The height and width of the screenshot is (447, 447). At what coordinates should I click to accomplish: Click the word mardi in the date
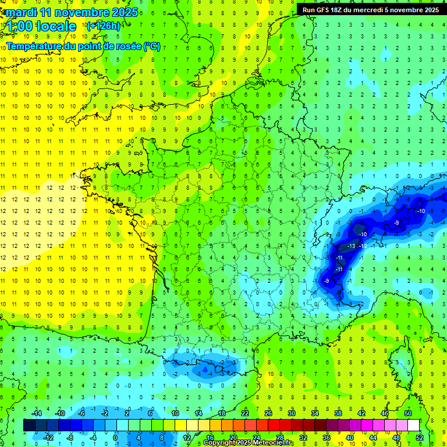click(x=19, y=12)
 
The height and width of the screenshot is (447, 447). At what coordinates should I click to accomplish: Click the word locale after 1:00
click(x=56, y=26)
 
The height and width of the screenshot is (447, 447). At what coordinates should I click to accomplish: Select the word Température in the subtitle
click(x=34, y=47)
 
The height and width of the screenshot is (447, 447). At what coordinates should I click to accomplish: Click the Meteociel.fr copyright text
click(x=249, y=443)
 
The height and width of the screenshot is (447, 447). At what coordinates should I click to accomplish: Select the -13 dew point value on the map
click(x=350, y=246)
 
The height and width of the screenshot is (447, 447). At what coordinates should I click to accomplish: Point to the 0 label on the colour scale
click(x=115, y=438)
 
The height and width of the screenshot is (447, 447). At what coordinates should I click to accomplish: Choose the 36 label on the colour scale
click(x=327, y=438)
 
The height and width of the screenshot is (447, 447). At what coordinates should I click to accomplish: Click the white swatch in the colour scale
click(x=414, y=425)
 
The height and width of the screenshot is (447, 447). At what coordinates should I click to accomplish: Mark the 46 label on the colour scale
click(x=385, y=413)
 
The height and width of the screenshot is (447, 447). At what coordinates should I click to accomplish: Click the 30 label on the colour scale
click(x=291, y=413)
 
